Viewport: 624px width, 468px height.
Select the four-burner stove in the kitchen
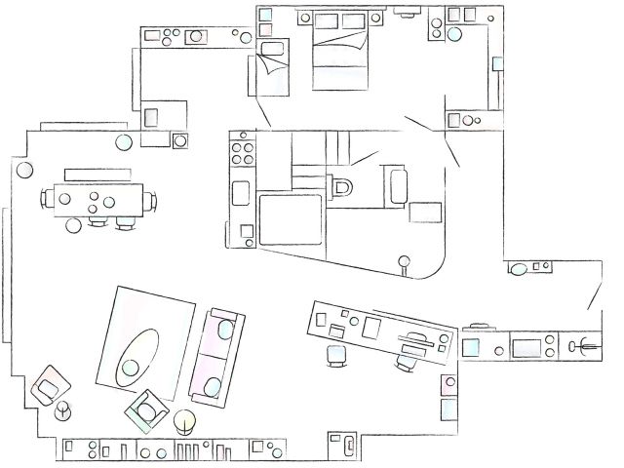[x=240, y=153]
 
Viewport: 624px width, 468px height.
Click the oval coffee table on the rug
[x=139, y=354]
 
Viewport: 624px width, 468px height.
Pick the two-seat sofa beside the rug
[x=216, y=356]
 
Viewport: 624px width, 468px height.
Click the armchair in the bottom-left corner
[x=46, y=385]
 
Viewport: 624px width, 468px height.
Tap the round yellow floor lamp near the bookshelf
[x=184, y=423]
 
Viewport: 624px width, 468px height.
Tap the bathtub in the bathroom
[x=396, y=185]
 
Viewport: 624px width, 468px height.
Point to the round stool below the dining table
[x=73, y=226]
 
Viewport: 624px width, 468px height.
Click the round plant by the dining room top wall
[x=124, y=143]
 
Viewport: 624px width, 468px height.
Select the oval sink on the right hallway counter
[x=520, y=268]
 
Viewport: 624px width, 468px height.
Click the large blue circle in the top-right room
[x=453, y=34]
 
